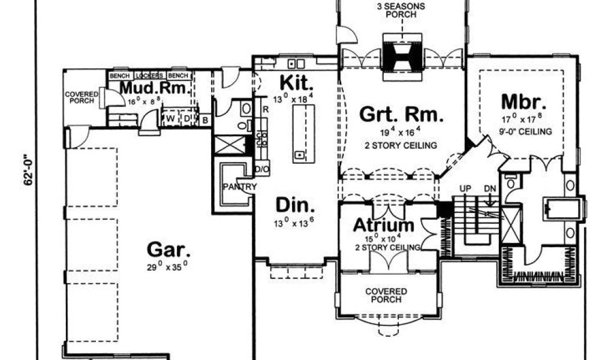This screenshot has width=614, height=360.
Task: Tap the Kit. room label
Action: pyautogui.click(x=294, y=81)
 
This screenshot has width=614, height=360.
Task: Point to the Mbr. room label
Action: pyautogui.click(x=522, y=100)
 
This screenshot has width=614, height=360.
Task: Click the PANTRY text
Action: pyautogui.click(x=240, y=187)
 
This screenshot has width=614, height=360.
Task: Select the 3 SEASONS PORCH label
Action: pyautogui.click(x=401, y=11)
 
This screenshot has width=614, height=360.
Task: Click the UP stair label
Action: pyautogui.click(x=464, y=188)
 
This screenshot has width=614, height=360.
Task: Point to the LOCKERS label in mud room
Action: pyautogui.click(x=146, y=76)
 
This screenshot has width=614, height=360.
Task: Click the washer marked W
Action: pyautogui.click(x=171, y=118)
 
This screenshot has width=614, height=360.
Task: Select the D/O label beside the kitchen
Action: pyautogui.click(x=262, y=170)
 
